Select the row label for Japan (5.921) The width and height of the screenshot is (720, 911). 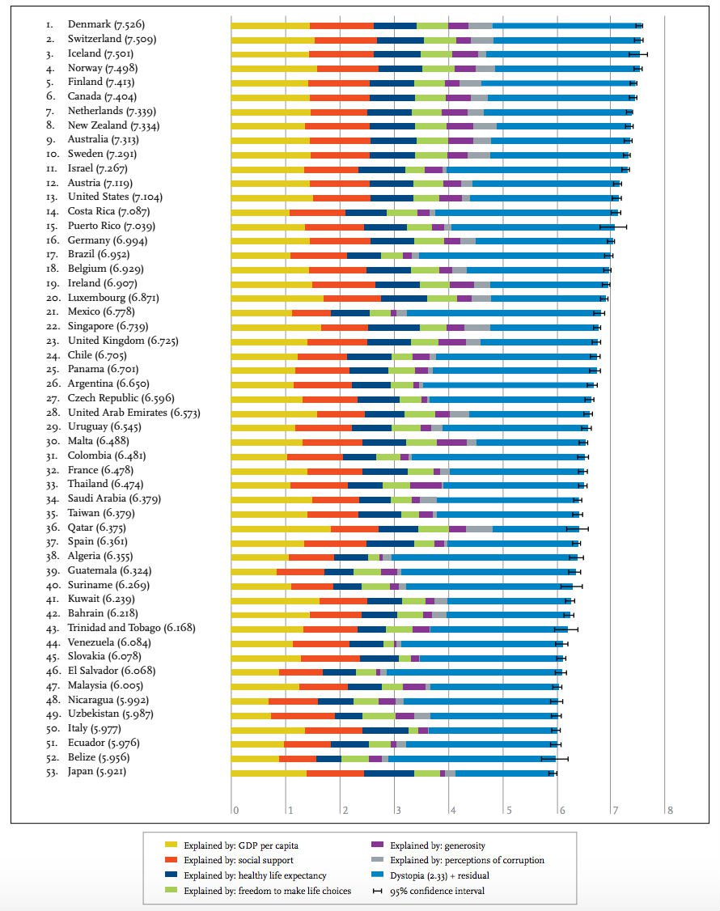coord(97,772)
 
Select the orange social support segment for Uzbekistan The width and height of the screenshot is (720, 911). coord(303,715)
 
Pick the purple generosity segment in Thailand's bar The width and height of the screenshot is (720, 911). coord(426,485)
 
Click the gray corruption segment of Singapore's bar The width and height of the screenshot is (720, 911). coord(476,328)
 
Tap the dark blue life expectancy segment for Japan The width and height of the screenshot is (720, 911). coord(389,773)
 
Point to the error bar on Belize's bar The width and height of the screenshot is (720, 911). coord(554,758)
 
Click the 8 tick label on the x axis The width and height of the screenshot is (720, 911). coord(670,810)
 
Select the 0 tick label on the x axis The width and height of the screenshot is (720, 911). coord(235,810)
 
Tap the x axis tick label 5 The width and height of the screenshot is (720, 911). coord(506,810)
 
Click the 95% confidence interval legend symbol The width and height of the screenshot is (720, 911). coord(376,891)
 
